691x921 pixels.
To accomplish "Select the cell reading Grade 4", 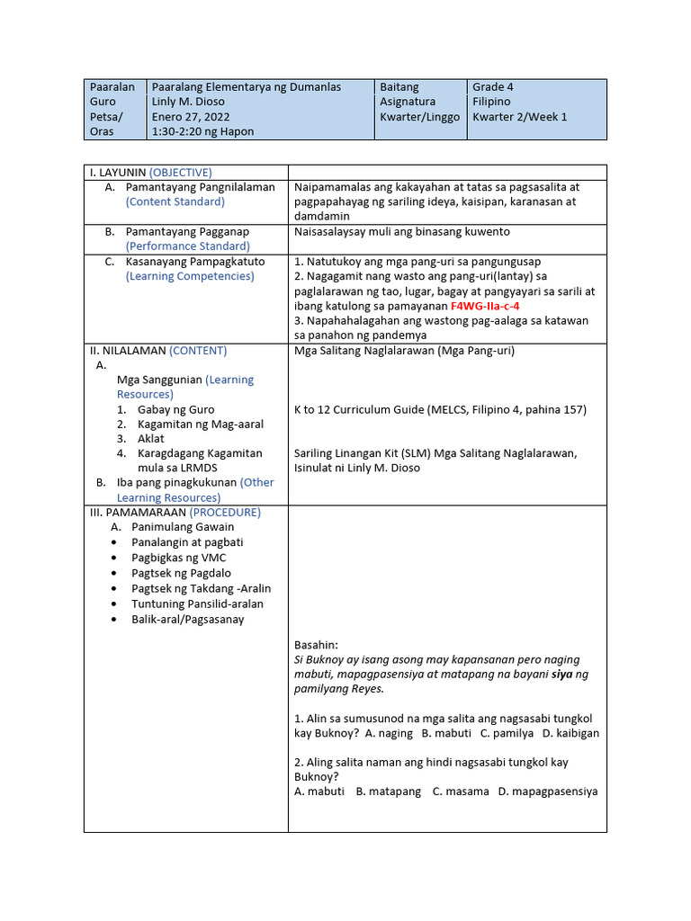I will click(x=493, y=87).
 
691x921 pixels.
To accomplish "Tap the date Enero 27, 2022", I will click(x=191, y=117).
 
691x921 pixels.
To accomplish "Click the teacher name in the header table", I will click(x=188, y=102).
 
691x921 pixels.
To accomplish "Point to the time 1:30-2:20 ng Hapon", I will click(x=202, y=131).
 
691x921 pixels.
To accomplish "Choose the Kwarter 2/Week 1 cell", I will click(x=520, y=117).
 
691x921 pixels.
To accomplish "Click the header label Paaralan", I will click(x=112, y=87).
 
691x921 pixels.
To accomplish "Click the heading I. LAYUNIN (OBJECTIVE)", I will click(x=149, y=172).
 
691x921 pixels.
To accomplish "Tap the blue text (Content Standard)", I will click(x=175, y=201).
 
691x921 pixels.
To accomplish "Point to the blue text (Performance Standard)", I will click(x=188, y=246).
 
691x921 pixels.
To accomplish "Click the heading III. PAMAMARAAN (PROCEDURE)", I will click(x=175, y=512).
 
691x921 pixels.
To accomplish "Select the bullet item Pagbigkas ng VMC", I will click(x=179, y=558).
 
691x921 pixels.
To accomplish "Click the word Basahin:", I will click(x=316, y=645).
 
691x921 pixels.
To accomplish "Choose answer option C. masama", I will click(x=461, y=791).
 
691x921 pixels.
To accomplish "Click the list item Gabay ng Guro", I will click(x=175, y=409).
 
